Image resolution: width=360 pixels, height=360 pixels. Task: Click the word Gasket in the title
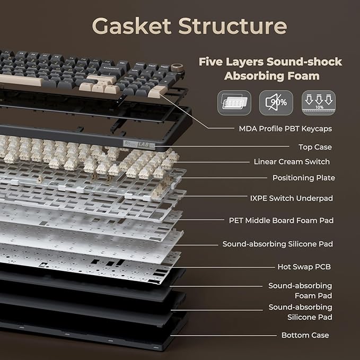click(131, 25)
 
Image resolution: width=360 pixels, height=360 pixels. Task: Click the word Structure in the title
click(233, 25)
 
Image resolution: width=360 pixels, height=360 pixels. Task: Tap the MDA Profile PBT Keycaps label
click(285, 128)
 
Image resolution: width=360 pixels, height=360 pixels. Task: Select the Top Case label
click(315, 147)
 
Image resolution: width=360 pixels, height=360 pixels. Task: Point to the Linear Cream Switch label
click(292, 162)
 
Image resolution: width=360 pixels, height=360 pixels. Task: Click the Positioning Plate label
click(303, 178)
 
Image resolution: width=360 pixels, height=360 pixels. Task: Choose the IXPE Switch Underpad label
click(292, 198)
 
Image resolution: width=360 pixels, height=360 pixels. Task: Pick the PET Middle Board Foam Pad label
click(281, 221)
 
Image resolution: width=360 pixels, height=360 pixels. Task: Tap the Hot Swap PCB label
click(304, 267)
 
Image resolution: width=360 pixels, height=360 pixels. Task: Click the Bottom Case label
click(305, 335)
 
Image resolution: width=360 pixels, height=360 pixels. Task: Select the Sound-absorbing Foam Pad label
click(300, 291)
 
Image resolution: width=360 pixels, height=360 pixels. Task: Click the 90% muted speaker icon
click(276, 103)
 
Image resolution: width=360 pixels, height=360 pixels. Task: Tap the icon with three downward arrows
click(319, 103)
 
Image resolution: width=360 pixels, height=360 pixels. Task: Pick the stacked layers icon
click(234, 103)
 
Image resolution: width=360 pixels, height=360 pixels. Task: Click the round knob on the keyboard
click(178, 68)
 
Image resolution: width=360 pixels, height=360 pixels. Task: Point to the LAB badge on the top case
click(139, 144)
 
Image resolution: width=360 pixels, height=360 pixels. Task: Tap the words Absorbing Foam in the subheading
click(272, 76)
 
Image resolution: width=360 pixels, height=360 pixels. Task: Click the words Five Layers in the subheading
click(231, 62)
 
